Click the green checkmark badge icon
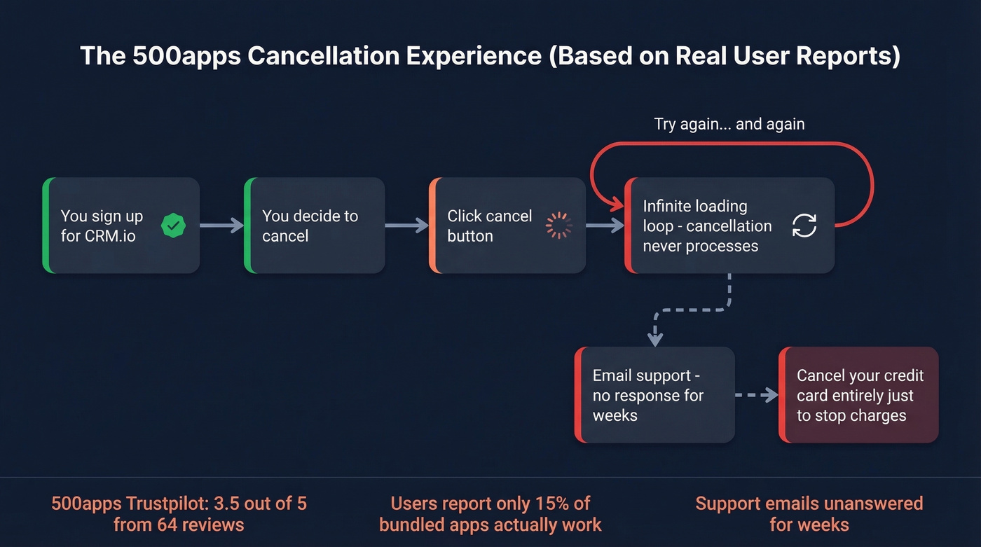173,226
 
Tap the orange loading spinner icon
559,226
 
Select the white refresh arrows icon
804,226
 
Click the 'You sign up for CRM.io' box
121,226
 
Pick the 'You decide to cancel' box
315,226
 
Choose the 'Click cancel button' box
507,226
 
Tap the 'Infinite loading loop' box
729,226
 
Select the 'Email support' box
654,395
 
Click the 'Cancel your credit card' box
858,395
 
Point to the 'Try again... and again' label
729,125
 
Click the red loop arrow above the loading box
732,144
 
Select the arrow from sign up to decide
221,226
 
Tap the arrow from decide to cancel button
406,226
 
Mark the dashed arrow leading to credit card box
756,395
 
